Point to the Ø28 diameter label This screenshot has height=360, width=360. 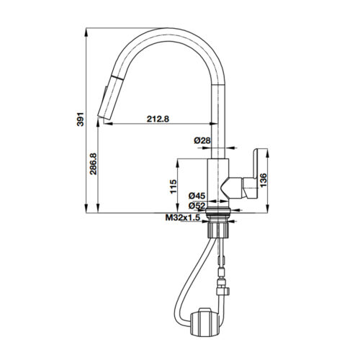click(202, 140)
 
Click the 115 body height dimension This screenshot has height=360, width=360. click(173, 186)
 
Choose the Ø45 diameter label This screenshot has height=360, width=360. click(197, 195)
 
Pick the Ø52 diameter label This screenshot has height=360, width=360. click(197, 205)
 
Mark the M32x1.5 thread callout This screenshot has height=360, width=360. click(180, 218)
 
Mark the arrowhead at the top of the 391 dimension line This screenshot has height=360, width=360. click(86, 32)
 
